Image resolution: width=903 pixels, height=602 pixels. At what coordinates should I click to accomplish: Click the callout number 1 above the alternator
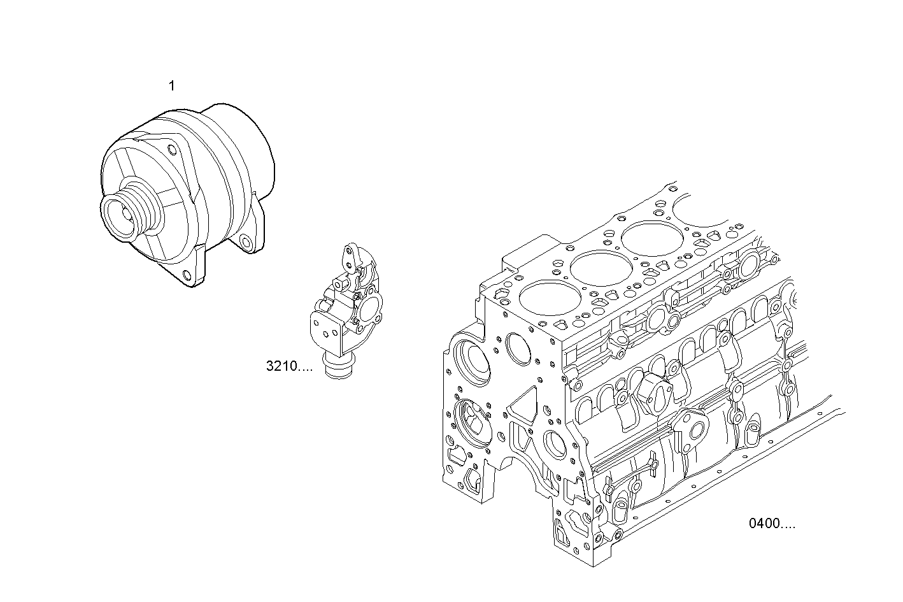point(171,86)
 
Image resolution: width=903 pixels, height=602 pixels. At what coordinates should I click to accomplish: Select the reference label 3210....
point(289,366)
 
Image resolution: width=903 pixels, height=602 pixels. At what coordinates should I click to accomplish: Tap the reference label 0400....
point(772,524)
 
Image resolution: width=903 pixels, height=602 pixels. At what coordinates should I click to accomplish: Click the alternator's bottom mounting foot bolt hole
point(186,275)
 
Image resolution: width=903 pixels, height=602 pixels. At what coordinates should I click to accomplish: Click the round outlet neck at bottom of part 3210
point(338,370)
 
